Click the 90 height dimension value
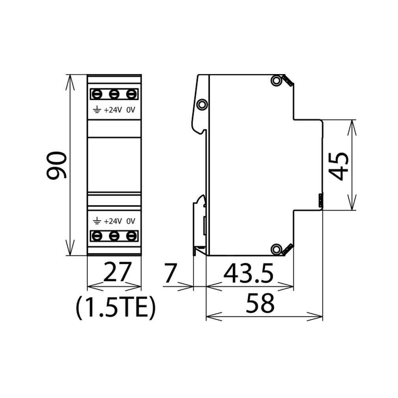coord(56,165)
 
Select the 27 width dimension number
coord(117,272)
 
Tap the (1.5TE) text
coord(115,308)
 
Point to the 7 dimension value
coord(170,273)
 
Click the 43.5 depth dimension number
coord(249,273)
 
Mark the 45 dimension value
coord(338,167)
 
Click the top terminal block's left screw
coord(97,95)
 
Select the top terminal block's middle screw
coord(114,95)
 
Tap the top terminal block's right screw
coord(131,95)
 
